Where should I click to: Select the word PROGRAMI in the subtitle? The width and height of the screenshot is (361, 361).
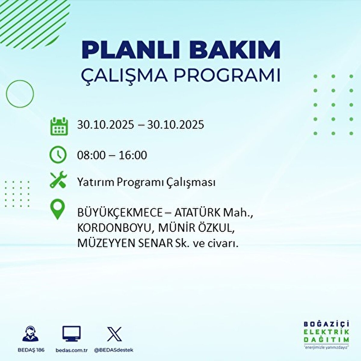227,76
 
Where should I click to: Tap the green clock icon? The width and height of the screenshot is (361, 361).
58,155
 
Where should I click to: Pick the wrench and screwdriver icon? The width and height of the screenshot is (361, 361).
58,180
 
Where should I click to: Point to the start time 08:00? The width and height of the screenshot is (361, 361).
91,155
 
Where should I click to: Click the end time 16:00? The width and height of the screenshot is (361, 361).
133,155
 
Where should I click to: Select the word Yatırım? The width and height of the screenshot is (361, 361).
96,182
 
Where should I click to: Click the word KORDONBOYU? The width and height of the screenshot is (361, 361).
114,228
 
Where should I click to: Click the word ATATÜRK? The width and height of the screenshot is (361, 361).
197,213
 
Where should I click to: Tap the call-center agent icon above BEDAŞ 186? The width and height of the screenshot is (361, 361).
30,334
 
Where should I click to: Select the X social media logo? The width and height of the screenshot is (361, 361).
114,334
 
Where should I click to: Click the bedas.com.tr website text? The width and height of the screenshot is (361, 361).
72,350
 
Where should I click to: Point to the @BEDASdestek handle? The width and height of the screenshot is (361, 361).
114,350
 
